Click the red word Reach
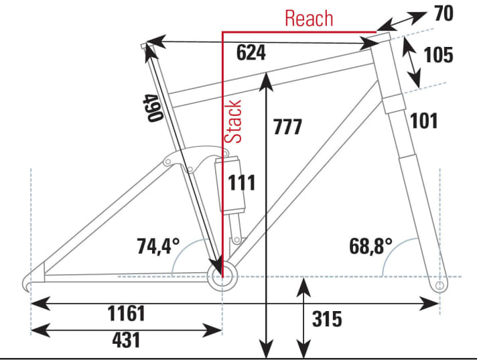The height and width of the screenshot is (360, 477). [309, 18]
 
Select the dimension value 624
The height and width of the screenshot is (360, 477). [251, 53]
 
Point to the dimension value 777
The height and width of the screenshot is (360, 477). [287, 126]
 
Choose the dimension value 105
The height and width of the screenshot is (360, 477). [439, 55]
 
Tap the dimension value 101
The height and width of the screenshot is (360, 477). [424, 121]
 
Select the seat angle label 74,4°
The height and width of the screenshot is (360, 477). [159, 246]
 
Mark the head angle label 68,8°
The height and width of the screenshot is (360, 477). [369, 246]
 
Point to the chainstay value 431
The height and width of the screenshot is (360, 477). [126, 339]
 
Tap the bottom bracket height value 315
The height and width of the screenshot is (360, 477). [327, 319]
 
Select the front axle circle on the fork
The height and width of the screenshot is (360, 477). [439, 286]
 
